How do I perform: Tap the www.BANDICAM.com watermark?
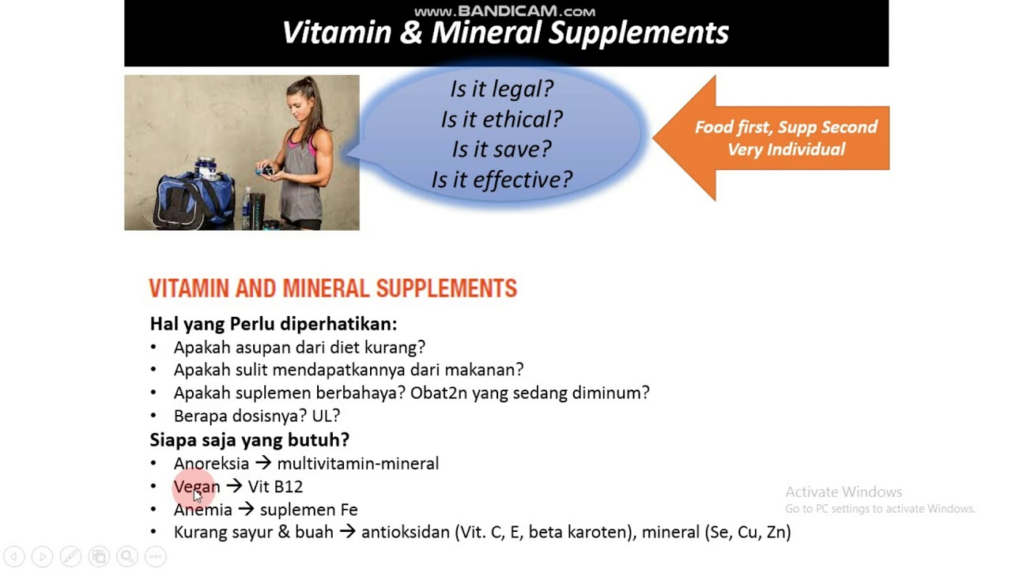coord(505,11)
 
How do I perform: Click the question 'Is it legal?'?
coord(501,89)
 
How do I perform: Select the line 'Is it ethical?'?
coord(501,119)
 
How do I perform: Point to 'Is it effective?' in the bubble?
coord(501,180)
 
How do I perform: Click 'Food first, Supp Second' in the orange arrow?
coord(785,127)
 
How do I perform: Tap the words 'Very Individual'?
coord(785,149)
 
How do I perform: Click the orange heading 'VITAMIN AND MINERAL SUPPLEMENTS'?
coord(333,288)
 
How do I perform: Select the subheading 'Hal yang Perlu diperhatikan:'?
coord(273,324)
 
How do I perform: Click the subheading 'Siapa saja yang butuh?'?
coord(249,439)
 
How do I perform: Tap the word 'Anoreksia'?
coord(211,464)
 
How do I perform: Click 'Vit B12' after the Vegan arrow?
coord(275,487)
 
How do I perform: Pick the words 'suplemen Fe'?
coord(308,510)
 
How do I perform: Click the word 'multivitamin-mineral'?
coord(357,464)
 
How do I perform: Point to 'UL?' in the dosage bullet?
coord(326,416)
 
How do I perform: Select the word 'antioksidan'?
coord(405,533)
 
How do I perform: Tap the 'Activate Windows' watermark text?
coord(843,492)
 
